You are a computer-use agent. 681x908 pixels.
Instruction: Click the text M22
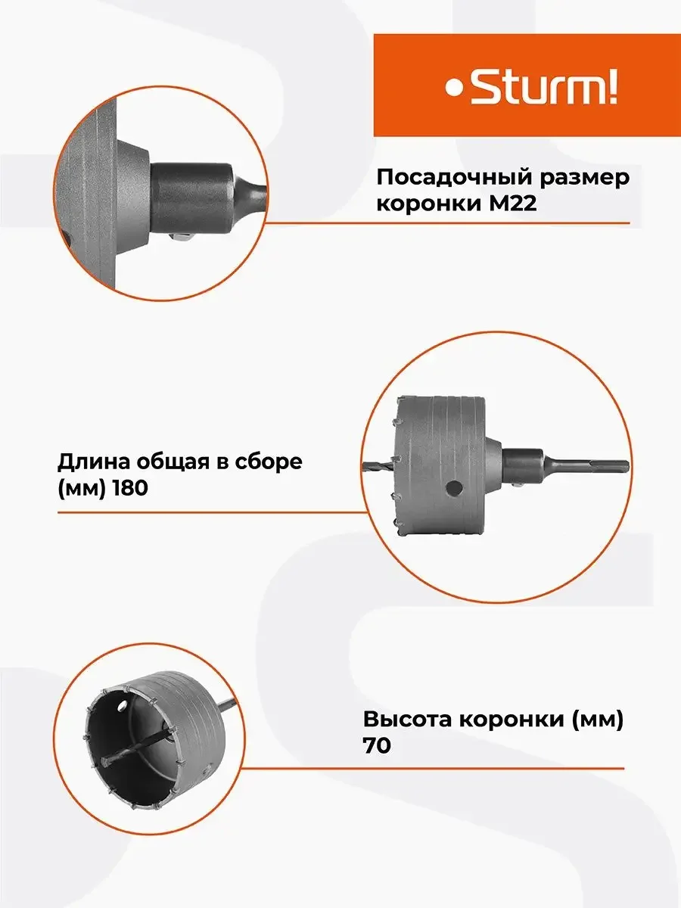[513, 203]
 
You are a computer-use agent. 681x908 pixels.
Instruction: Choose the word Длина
[93, 462]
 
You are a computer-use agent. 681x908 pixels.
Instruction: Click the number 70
[377, 745]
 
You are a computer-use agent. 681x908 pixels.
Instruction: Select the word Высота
[407, 720]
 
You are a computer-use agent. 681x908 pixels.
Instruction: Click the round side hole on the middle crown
[454, 489]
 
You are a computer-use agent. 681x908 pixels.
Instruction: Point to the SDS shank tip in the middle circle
[628, 465]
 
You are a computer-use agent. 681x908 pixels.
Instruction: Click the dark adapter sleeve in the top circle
[192, 200]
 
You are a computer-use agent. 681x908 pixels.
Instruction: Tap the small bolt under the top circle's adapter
[181, 238]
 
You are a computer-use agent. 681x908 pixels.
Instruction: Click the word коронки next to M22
[429, 204]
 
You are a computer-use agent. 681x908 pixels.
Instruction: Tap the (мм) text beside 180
[81, 489]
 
